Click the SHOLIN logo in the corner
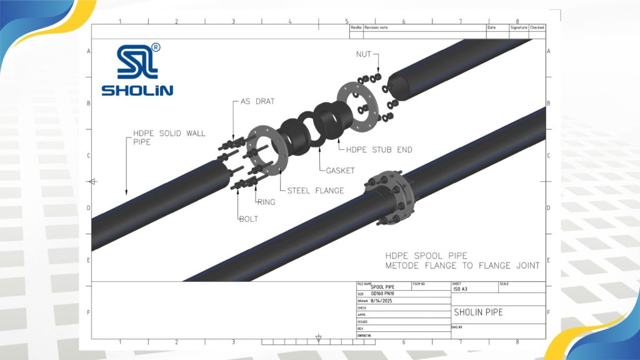click(139, 70)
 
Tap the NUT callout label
click(364, 55)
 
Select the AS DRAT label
click(257, 101)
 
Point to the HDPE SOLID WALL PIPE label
click(169, 137)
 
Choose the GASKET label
click(339, 171)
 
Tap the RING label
click(266, 202)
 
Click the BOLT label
click(249, 219)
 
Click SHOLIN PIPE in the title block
click(477, 312)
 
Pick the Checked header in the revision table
click(537, 27)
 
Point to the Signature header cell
click(519, 27)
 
